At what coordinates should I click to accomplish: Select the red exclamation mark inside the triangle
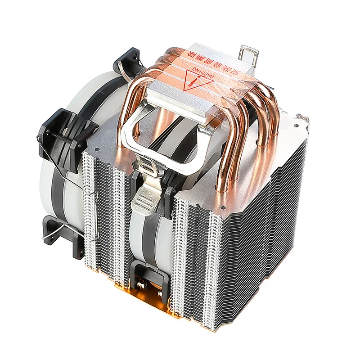[194, 84]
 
